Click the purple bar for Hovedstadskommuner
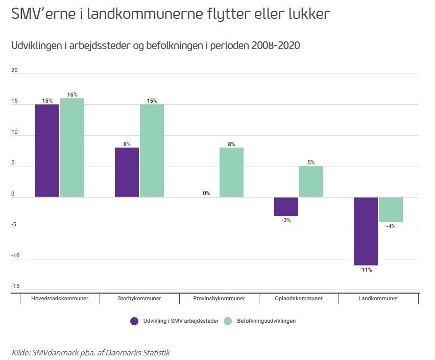[x=47, y=151]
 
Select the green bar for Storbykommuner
[x=152, y=151]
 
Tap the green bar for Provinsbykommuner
[x=231, y=173]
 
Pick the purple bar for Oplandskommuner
[x=286, y=206]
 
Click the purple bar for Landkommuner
[x=366, y=231]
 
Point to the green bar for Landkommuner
[x=391, y=209]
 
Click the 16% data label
[x=72, y=94]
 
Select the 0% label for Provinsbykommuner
[x=206, y=193]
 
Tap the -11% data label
[x=366, y=270]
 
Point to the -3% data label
[x=286, y=221]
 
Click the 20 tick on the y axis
[x=14, y=70]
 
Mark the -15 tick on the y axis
[x=15, y=286]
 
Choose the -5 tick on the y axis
[x=14, y=225]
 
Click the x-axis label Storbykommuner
[x=139, y=298]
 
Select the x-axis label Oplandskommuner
[x=299, y=298]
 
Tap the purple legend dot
[x=134, y=321]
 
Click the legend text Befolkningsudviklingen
[x=267, y=321]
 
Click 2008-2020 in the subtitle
[x=276, y=45]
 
